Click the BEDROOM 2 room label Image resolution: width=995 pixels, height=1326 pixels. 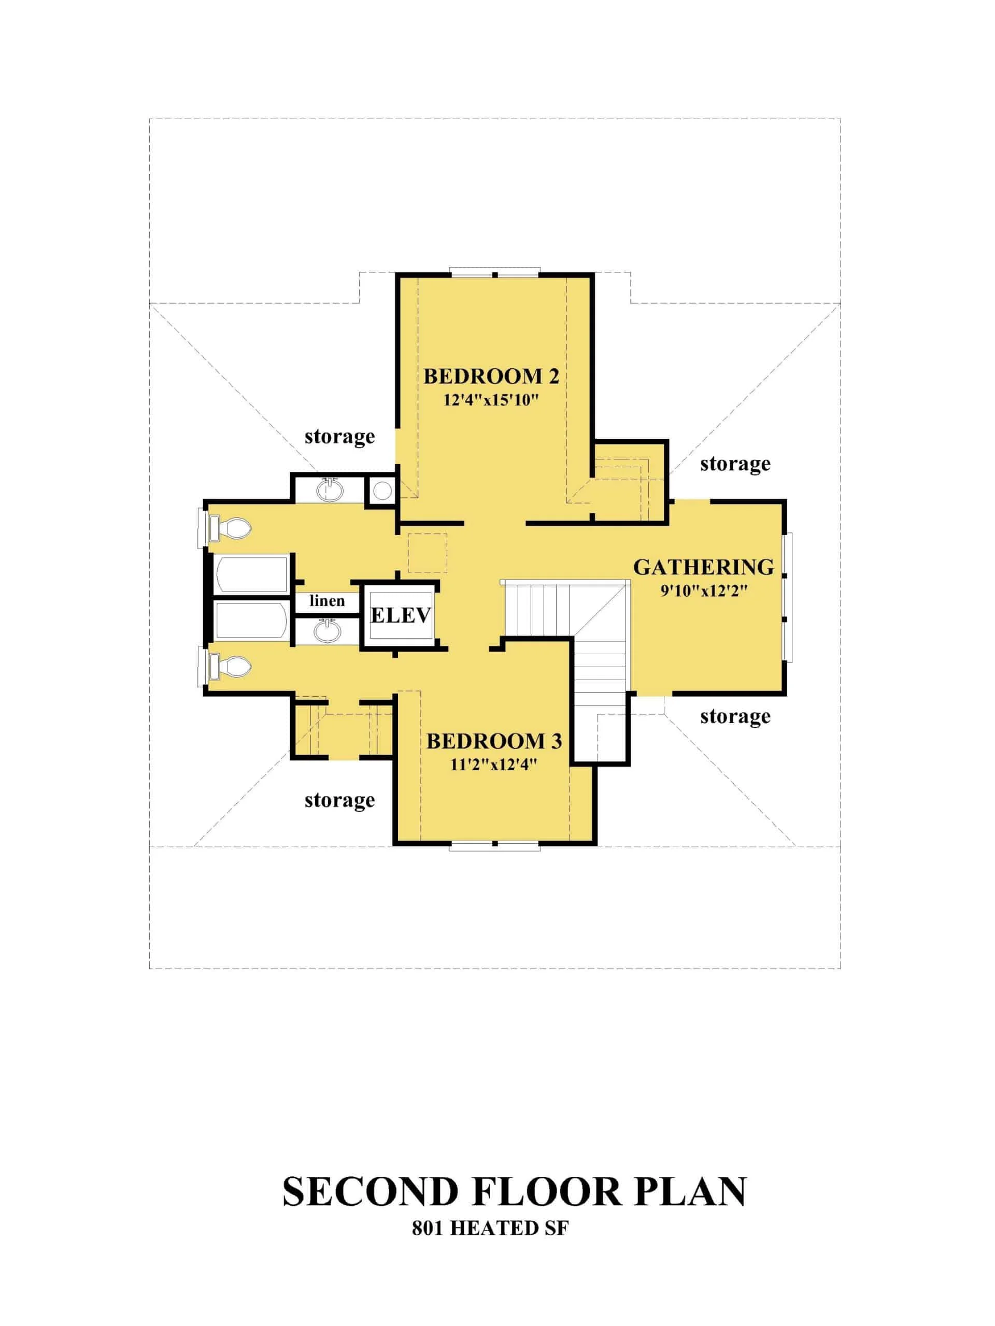[x=491, y=377]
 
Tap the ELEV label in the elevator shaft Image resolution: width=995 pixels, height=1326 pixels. [x=401, y=615]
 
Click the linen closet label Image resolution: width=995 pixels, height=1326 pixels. [x=327, y=601]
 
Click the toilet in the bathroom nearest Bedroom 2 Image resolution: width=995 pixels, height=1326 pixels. [x=230, y=529]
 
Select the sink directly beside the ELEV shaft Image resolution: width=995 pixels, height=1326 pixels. [x=327, y=631]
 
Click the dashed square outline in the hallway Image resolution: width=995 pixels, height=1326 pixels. [x=427, y=552]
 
